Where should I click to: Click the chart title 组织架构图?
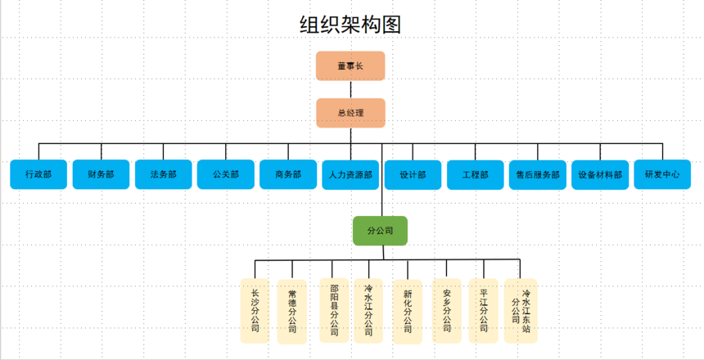[350, 25]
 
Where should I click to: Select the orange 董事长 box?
[350, 66]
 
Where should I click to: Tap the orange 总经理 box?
[350, 113]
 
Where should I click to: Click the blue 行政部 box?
[38, 174]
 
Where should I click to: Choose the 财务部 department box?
[101, 174]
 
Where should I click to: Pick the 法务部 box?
[163, 174]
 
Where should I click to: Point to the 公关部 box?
[225, 174]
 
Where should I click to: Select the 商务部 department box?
[288, 174]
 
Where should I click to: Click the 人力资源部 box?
[350, 174]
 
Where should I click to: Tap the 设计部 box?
[413, 174]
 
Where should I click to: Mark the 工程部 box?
[475, 174]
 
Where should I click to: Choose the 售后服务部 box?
[538, 174]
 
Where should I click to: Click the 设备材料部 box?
[600, 174]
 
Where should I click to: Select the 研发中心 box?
[662, 174]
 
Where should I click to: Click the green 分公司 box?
[380, 231]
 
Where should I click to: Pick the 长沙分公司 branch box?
[255, 310]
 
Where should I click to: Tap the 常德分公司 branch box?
[292, 310]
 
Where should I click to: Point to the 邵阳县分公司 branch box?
[333, 310]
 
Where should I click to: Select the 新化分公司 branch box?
[408, 310]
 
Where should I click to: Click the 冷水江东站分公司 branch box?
[521, 310]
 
